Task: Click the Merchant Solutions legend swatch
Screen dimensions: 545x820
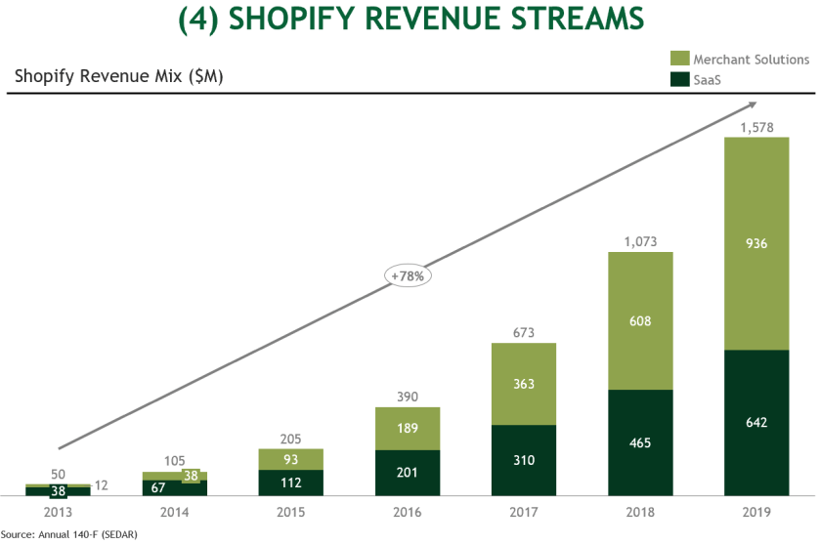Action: [x=679, y=60]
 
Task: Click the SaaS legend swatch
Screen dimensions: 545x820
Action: [x=679, y=78]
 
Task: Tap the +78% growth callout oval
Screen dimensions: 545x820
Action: [x=409, y=275]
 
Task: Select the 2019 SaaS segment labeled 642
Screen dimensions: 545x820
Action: [x=755, y=422]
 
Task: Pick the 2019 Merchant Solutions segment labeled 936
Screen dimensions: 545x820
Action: [x=755, y=243]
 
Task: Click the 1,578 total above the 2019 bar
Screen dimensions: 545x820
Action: [x=755, y=128]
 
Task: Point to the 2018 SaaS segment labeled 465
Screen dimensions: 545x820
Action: [x=641, y=442]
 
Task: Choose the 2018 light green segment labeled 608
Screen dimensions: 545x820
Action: [x=641, y=320]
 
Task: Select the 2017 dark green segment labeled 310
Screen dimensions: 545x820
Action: [x=524, y=460]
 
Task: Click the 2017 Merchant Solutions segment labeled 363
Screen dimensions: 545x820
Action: [x=524, y=384]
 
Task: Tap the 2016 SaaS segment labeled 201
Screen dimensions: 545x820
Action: [x=409, y=473]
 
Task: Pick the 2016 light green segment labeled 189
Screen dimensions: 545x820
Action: [x=409, y=428]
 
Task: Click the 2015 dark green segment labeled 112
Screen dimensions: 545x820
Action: [x=291, y=482]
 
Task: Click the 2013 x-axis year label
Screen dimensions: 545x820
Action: [x=59, y=511]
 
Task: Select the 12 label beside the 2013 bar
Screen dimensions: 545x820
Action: [x=102, y=486]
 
